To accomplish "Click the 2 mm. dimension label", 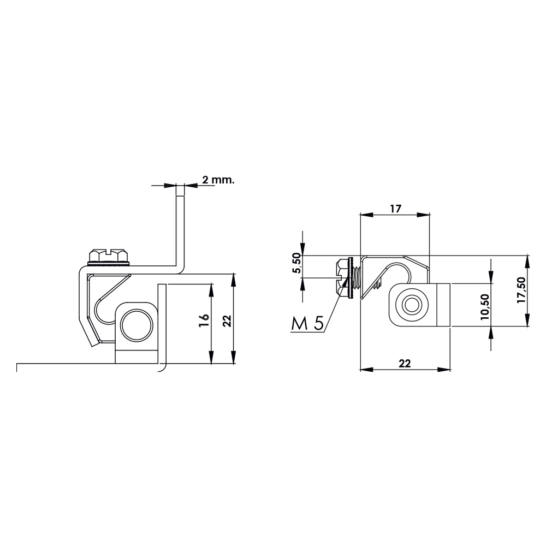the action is click(218, 180).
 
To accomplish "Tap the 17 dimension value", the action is click(395, 209).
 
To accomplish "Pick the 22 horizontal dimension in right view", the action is click(404, 364).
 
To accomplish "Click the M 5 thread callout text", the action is click(307, 324).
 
